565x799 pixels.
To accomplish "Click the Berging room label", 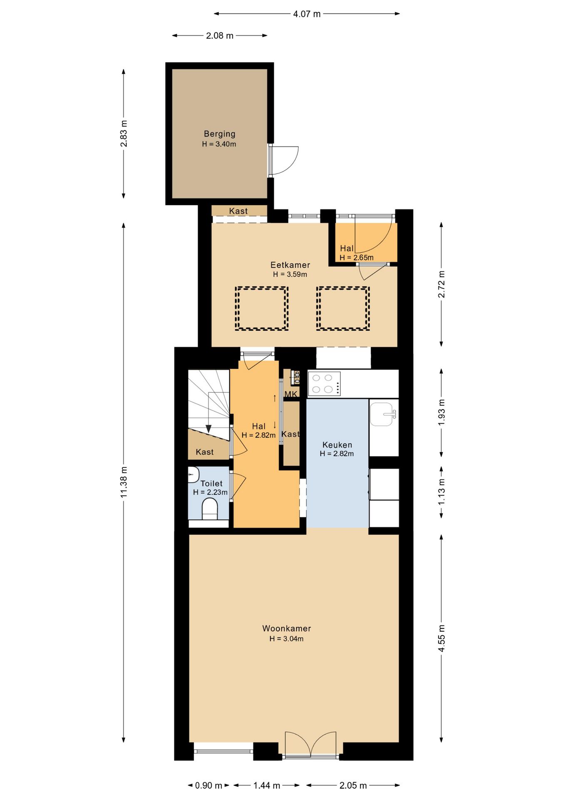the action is [x=219, y=134].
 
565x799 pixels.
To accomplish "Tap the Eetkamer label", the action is [x=290, y=265].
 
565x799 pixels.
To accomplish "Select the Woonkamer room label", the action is [x=286, y=628].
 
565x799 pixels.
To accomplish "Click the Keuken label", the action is [x=337, y=445].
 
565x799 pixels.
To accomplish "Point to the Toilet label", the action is [x=211, y=484].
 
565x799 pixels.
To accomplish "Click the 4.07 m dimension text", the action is [x=307, y=14].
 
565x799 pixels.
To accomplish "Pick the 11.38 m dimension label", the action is [x=124, y=482].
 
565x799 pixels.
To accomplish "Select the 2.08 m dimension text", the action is [x=220, y=36].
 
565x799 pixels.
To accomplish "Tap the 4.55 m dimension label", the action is [x=441, y=638].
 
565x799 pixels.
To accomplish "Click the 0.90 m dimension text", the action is [x=208, y=785].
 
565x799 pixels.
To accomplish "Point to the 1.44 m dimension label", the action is [x=267, y=785].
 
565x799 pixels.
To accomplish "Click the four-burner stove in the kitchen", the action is [x=324, y=384].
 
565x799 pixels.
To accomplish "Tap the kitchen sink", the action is [x=383, y=414].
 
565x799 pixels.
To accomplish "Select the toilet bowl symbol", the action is [x=210, y=509].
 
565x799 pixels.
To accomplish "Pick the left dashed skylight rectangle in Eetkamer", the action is [x=262, y=308].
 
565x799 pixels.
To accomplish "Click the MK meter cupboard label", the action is [x=291, y=394].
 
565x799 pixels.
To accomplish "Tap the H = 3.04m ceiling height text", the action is [x=286, y=639].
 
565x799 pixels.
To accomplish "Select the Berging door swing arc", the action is [x=290, y=160].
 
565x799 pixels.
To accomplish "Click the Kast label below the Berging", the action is [x=238, y=211].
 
